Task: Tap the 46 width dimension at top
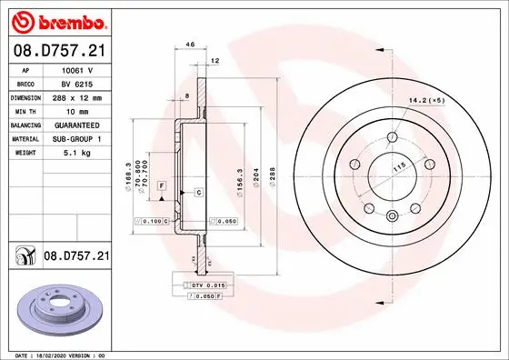pos(190,44)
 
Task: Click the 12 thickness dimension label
pos(215,60)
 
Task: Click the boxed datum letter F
pos(161,185)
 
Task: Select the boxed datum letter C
pos(197,193)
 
